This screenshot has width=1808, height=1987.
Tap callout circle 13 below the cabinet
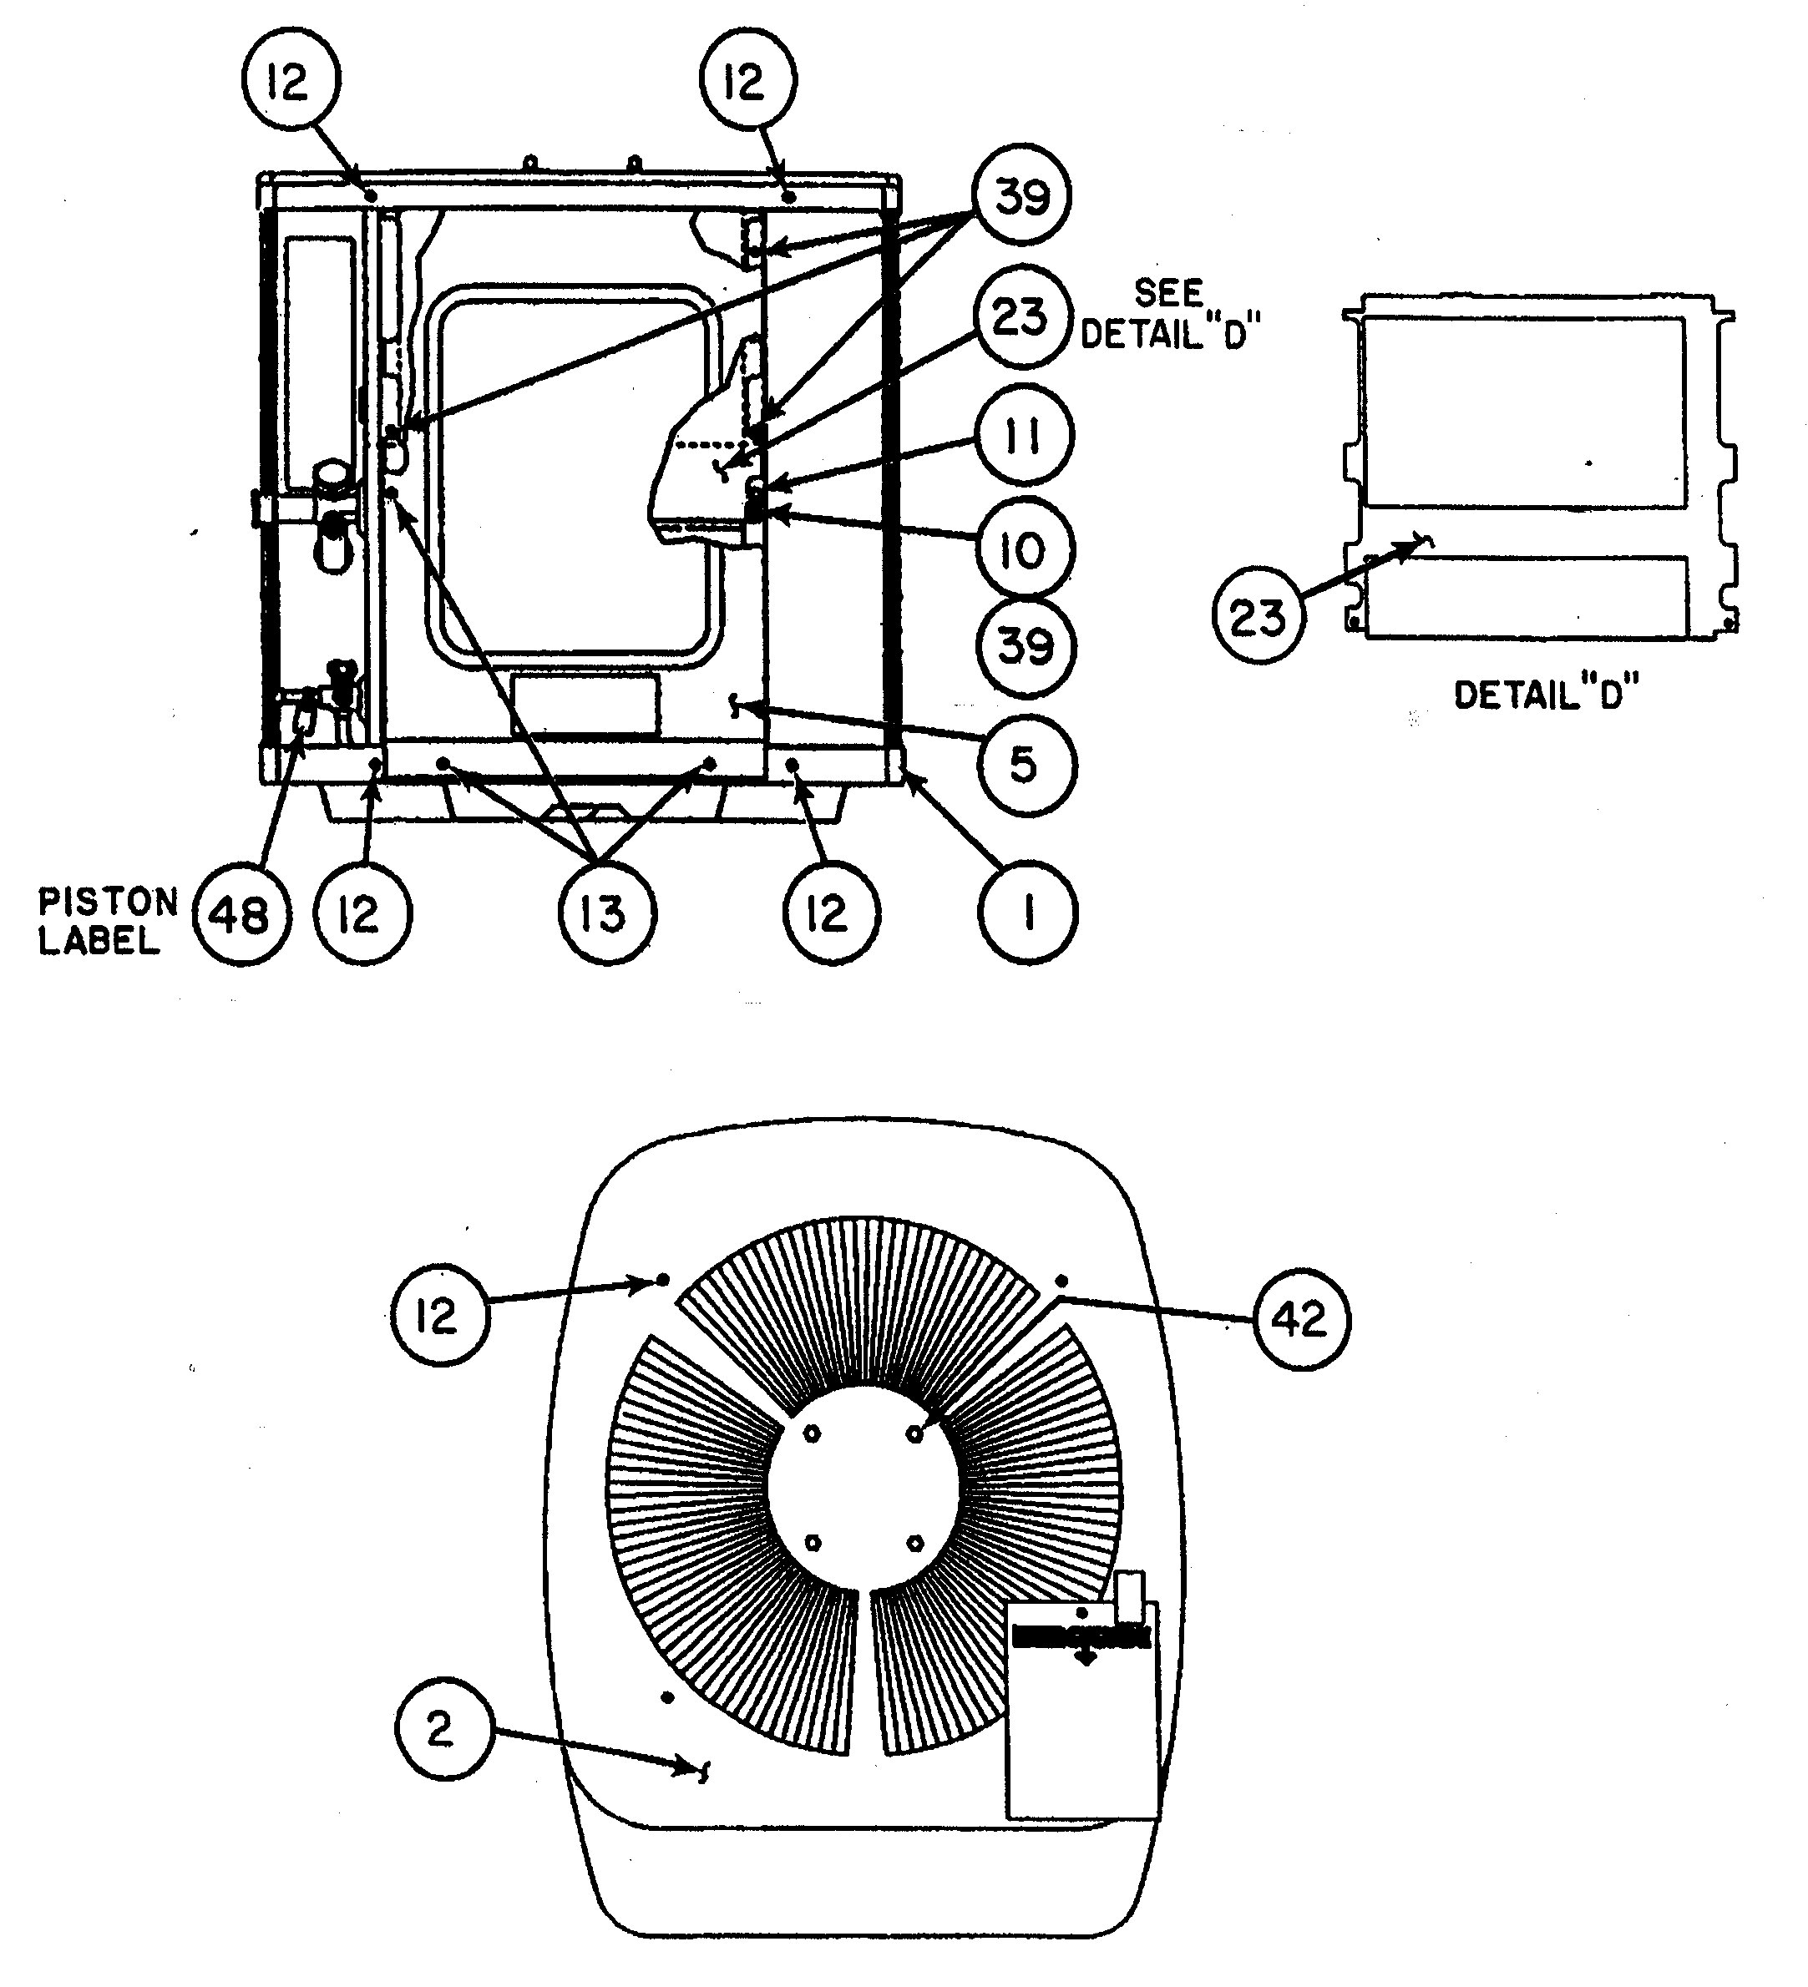click(x=605, y=915)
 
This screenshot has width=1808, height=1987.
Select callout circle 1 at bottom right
click(x=1027, y=913)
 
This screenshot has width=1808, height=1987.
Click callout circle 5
click(x=1026, y=766)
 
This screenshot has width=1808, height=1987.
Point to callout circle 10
click(x=1025, y=549)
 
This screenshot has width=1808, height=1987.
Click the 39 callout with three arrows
click(x=1021, y=196)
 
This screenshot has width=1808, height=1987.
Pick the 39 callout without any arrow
click(x=1026, y=646)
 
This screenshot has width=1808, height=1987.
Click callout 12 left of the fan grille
click(x=439, y=1315)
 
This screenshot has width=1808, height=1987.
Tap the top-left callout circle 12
click(x=290, y=81)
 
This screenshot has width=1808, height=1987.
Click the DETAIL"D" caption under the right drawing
click(x=1545, y=695)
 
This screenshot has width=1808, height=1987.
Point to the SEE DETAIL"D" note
click(x=1169, y=315)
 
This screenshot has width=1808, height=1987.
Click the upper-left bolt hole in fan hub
click(x=812, y=1435)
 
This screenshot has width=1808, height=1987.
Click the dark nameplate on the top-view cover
click(x=1081, y=1637)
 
